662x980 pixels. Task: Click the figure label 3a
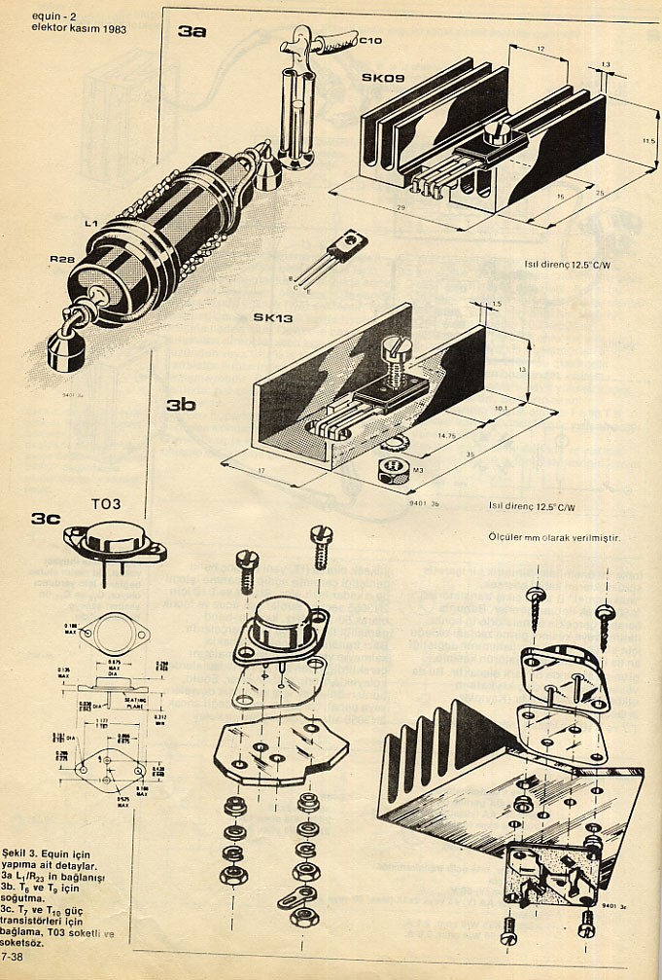192,32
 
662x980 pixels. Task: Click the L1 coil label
91,225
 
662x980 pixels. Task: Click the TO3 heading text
106,505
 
